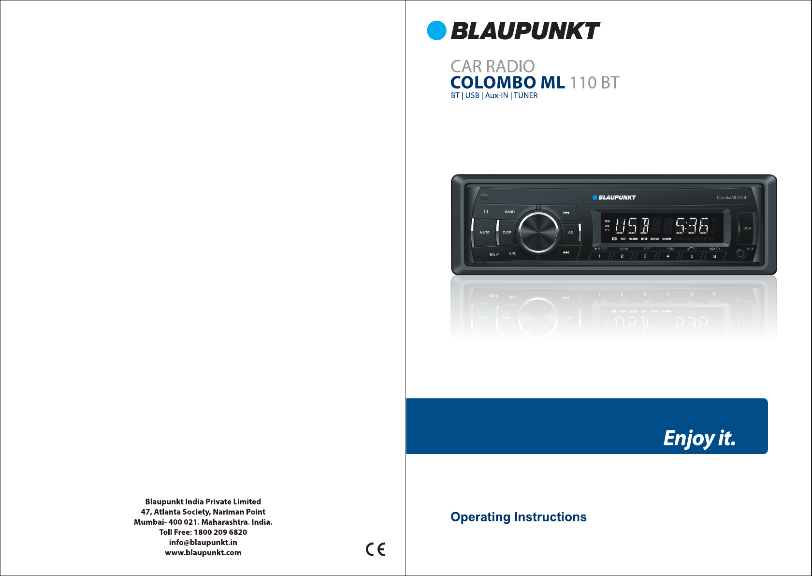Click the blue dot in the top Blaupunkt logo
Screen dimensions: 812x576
pyautogui.click(x=436, y=30)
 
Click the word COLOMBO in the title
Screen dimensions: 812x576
pyautogui.click(x=493, y=83)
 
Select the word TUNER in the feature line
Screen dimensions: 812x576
pyautogui.click(x=526, y=96)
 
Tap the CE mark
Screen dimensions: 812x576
pyautogui.click(x=376, y=549)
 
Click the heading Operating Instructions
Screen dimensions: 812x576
pyautogui.click(x=518, y=517)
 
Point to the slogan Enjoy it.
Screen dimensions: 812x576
pyautogui.click(x=699, y=438)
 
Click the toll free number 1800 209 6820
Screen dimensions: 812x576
pyautogui.click(x=220, y=532)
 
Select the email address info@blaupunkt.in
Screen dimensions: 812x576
pyautogui.click(x=203, y=542)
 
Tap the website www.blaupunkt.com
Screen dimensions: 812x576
pyautogui.click(x=203, y=552)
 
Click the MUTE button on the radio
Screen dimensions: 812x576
pyautogui.click(x=484, y=233)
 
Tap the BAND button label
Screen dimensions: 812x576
pyautogui.click(x=509, y=212)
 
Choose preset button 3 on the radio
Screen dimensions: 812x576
pyautogui.click(x=645, y=256)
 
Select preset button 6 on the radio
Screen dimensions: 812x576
pyautogui.click(x=714, y=256)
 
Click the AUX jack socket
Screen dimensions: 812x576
pyautogui.click(x=740, y=253)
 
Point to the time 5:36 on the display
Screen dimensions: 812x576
pyautogui.click(x=692, y=226)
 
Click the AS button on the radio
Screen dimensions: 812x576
pyautogui.click(x=570, y=233)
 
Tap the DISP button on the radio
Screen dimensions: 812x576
pyautogui.click(x=507, y=233)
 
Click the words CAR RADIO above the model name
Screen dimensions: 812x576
pyautogui.click(x=493, y=66)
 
